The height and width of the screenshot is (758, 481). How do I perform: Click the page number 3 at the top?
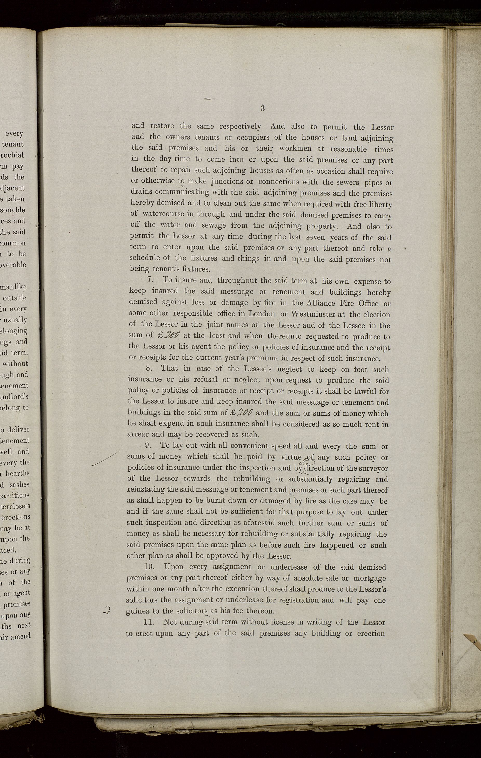point(262,108)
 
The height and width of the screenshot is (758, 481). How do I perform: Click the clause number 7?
point(150,279)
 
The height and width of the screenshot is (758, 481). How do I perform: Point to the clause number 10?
point(149,566)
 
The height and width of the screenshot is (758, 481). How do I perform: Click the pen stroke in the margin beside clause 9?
point(105,458)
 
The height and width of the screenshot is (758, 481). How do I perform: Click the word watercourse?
point(163,214)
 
